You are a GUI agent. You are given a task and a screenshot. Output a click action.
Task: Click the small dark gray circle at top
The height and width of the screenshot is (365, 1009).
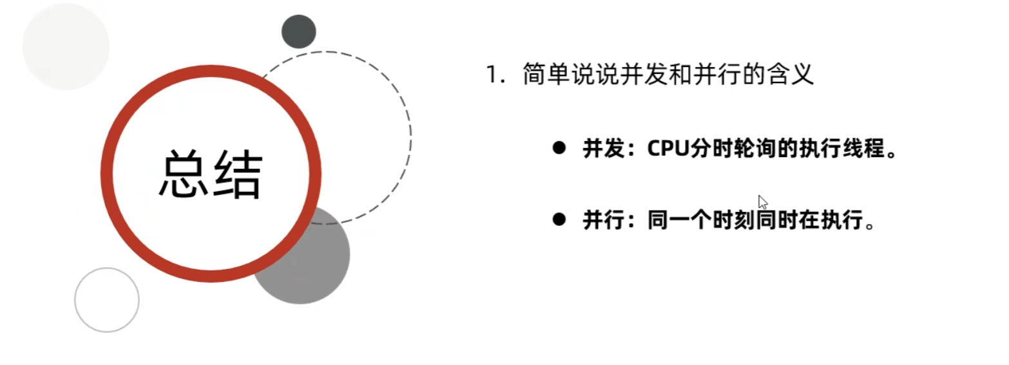pyautogui.click(x=299, y=32)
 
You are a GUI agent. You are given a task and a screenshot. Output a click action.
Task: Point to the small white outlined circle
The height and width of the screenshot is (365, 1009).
pyautogui.click(x=107, y=300)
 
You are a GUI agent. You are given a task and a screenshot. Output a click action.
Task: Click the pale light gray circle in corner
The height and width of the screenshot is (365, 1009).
pyautogui.click(x=66, y=46)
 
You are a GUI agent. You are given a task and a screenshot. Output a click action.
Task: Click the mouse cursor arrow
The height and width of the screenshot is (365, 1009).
pyautogui.click(x=762, y=201)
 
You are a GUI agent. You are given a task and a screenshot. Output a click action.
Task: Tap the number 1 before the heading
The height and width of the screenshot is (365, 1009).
pyautogui.click(x=492, y=75)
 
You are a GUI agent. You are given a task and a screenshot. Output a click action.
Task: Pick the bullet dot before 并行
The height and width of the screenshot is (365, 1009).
pyautogui.click(x=559, y=220)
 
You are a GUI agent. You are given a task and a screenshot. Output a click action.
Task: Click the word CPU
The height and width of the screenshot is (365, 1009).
pyautogui.click(x=668, y=149)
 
